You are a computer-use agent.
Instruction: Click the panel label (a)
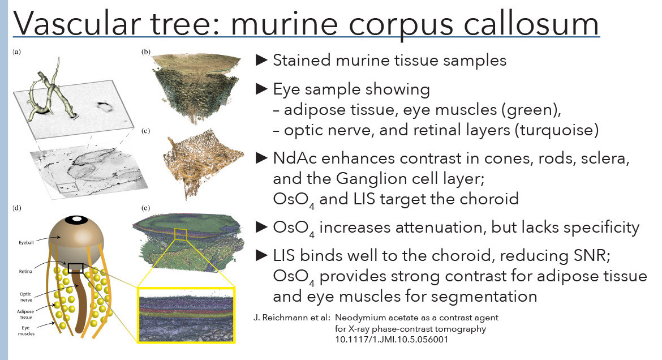click(17, 52)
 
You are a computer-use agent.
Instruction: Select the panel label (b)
click(146, 52)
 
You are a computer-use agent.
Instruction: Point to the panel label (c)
click(146, 131)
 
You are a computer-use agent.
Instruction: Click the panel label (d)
click(17, 208)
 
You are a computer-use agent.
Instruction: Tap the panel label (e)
click(146, 208)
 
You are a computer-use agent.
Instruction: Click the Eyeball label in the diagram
click(26, 242)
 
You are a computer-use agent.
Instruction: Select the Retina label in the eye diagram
click(25, 271)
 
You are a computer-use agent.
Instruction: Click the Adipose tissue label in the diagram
click(25, 314)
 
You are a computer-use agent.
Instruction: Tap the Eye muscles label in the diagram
click(26, 331)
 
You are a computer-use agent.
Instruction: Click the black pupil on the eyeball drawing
click(76, 220)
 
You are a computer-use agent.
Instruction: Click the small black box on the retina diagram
click(76, 268)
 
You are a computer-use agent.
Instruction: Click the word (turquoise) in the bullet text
click(556, 130)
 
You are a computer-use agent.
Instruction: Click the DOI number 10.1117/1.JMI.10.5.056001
click(392, 339)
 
